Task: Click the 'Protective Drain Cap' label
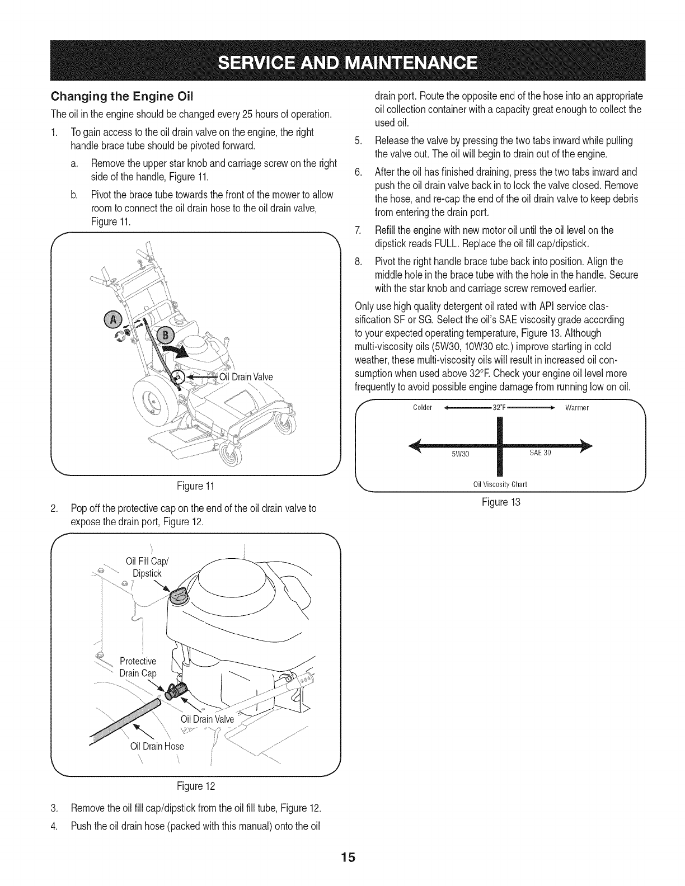click(x=138, y=667)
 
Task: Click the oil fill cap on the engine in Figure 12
click(x=180, y=597)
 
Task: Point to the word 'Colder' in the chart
click(x=423, y=407)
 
